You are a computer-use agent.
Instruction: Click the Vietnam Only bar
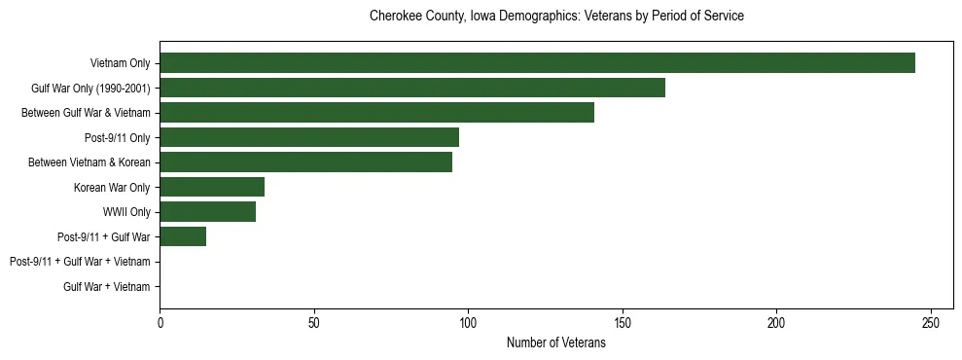pyautogui.click(x=537, y=63)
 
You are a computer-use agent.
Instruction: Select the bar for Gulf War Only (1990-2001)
pyautogui.click(x=412, y=88)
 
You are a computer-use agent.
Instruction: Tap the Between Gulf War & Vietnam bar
pyautogui.click(x=376, y=113)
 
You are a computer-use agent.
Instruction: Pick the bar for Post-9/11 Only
pyautogui.click(x=309, y=137)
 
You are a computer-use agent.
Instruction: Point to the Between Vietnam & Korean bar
pyautogui.click(x=305, y=162)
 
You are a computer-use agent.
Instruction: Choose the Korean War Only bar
pyautogui.click(x=212, y=187)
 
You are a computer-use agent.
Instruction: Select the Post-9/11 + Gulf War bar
pyautogui.click(x=183, y=236)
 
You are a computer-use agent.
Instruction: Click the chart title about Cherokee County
pyautogui.click(x=556, y=17)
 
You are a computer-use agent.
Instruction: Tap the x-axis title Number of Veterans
pyautogui.click(x=556, y=342)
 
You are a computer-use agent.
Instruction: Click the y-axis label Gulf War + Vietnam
pyautogui.click(x=106, y=286)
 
